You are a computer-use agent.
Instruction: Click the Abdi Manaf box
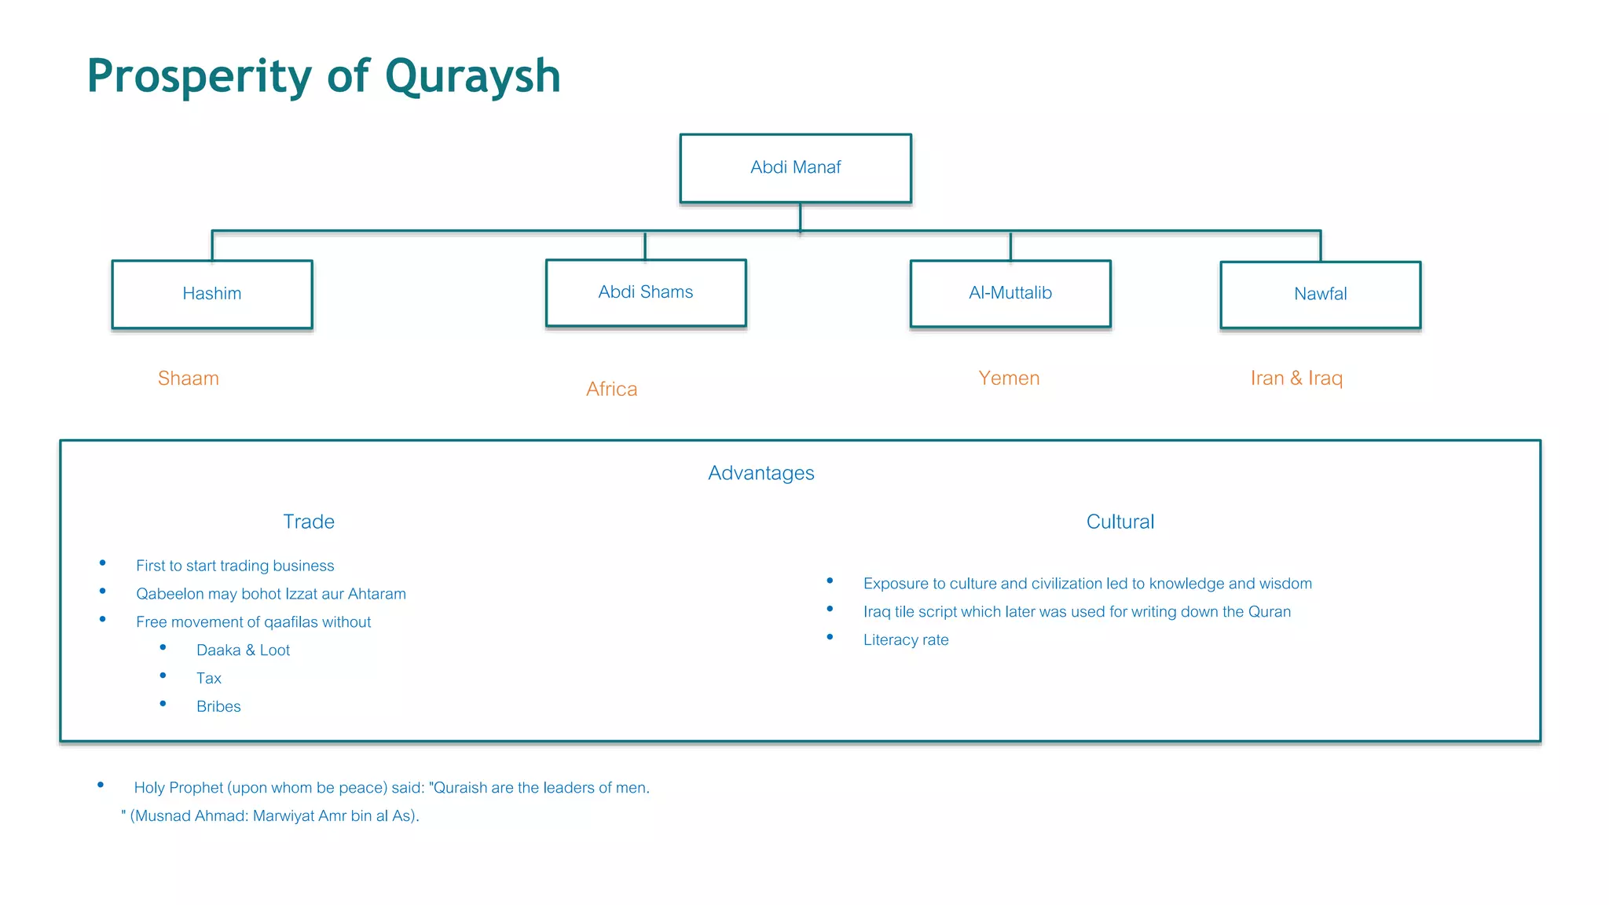tap(795, 168)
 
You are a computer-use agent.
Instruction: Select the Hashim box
tap(212, 294)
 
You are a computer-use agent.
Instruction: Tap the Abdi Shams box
tap(646, 292)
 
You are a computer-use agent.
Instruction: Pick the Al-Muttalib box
tap(1010, 293)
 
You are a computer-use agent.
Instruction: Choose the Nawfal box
tap(1320, 294)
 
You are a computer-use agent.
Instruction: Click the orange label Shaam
tap(189, 378)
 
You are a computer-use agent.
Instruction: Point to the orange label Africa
tap(611, 389)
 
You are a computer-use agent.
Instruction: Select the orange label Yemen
tap(1009, 378)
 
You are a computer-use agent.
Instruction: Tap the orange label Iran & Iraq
tap(1296, 378)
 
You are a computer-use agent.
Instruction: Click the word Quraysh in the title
tap(472, 77)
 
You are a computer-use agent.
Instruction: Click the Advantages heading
tap(761, 473)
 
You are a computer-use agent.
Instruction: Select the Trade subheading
tap(309, 522)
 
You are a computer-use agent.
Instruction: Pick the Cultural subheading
tap(1120, 522)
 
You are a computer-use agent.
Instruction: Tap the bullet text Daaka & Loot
tap(243, 650)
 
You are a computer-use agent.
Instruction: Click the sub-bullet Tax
tap(209, 678)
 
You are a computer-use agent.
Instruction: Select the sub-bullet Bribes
tap(218, 706)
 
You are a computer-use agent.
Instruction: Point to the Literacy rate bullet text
tap(906, 639)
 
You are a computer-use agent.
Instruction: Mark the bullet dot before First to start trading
tap(103, 563)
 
